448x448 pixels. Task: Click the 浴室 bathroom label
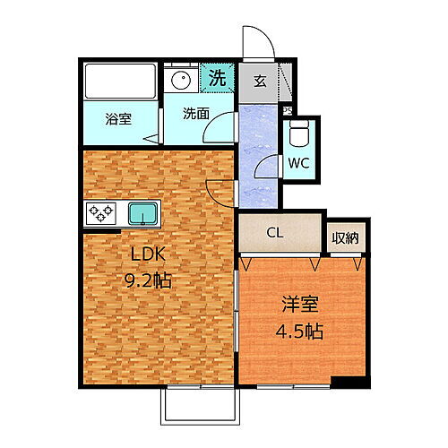pos(117,118)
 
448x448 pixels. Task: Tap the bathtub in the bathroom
pos(118,84)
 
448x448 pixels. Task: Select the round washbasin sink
pos(182,78)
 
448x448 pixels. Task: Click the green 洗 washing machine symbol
pos(216,78)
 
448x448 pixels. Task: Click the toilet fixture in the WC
pos(297,135)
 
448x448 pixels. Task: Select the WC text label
pos(298,163)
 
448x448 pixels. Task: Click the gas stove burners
pos(99,213)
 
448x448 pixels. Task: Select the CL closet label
pos(276,233)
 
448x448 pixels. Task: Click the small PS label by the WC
pos(287,111)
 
